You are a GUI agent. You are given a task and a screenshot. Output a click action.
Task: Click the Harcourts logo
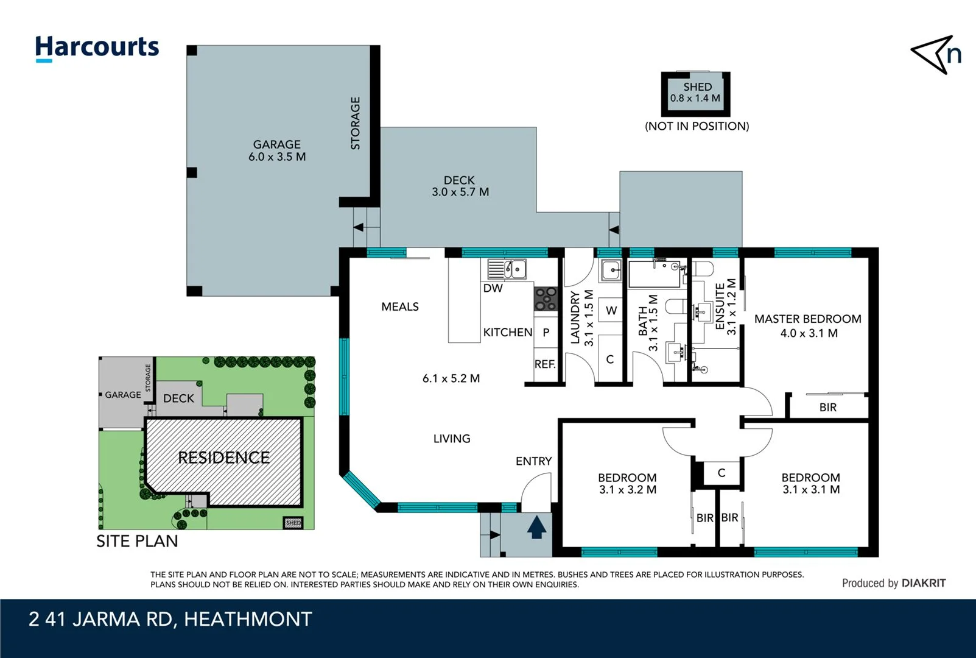(x=97, y=48)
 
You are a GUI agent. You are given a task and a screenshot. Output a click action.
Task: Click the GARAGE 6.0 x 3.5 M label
(x=277, y=150)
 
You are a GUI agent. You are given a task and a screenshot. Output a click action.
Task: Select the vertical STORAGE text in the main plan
(x=356, y=123)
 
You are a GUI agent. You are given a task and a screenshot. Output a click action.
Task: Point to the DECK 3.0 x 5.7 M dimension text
(x=460, y=186)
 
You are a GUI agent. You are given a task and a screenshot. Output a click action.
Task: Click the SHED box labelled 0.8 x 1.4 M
(x=696, y=93)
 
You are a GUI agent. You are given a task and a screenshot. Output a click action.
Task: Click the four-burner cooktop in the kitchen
(x=546, y=299)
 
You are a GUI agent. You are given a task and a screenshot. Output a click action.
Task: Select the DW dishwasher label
(x=493, y=288)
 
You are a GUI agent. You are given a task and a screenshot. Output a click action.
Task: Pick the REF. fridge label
(x=545, y=364)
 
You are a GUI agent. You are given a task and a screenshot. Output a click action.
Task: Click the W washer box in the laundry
(x=611, y=311)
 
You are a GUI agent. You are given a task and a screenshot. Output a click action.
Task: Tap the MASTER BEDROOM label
(x=807, y=319)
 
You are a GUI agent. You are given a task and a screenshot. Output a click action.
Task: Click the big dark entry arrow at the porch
(x=536, y=528)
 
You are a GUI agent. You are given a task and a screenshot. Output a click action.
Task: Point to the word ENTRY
(x=533, y=461)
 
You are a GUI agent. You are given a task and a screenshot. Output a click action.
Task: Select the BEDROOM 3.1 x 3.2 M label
(x=627, y=484)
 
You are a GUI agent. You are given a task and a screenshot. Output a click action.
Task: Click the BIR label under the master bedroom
(x=827, y=407)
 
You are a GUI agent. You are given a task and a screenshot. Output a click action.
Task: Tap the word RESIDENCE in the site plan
(x=223, y=458)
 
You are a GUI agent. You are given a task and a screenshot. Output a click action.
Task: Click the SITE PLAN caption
(x=137, y=541)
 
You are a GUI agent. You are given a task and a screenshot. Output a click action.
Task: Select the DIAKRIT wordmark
(x=924, y=583)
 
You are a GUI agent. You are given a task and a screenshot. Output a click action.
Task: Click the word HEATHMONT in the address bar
(x=248, y=619)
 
